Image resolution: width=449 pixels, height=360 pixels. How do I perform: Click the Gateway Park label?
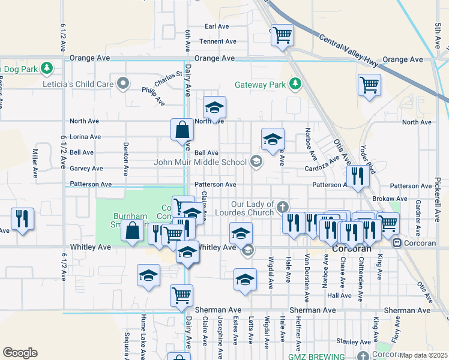point(260,85)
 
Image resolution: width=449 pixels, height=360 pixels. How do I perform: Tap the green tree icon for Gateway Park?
point(295,84)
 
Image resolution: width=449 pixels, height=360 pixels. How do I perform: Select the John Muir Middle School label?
point(200,161)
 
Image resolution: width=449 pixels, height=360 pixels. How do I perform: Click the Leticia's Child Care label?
point(78,84)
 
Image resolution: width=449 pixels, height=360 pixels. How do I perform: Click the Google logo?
point(20,353)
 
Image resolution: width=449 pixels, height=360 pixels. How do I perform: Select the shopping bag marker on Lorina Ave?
point(181,129)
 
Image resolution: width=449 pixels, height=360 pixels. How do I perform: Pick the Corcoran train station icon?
point(396,243)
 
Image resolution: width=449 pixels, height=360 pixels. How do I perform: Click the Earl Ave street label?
point(217,26)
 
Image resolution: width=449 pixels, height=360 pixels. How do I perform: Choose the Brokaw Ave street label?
point(393,199)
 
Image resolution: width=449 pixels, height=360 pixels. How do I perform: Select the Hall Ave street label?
point(339,295)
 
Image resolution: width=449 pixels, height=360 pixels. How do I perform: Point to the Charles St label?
point(168,78)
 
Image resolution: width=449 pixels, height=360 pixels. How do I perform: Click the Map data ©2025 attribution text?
point(423,355)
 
